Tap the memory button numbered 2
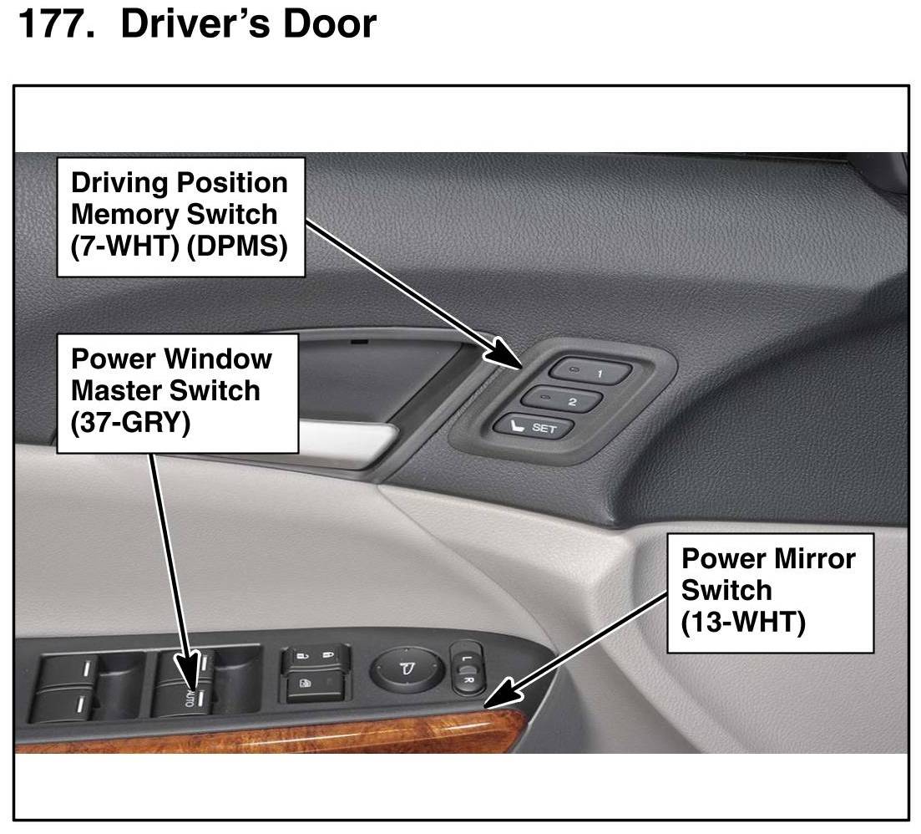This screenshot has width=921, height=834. tap(561, 399)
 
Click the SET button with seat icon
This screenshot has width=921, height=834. tap(534, 426)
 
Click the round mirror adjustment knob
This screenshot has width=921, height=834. tap(407, 669)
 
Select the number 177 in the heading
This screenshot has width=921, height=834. tap(56, 24)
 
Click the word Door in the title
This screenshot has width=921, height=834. tap(330, 24)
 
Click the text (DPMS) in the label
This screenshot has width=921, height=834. tap(237, 246)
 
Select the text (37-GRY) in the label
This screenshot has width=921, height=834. tap(130, 422)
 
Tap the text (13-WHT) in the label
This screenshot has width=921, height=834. tap(743, 622)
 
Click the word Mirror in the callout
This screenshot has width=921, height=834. tap(815, 558)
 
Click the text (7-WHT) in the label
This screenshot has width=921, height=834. tap(124, 246)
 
